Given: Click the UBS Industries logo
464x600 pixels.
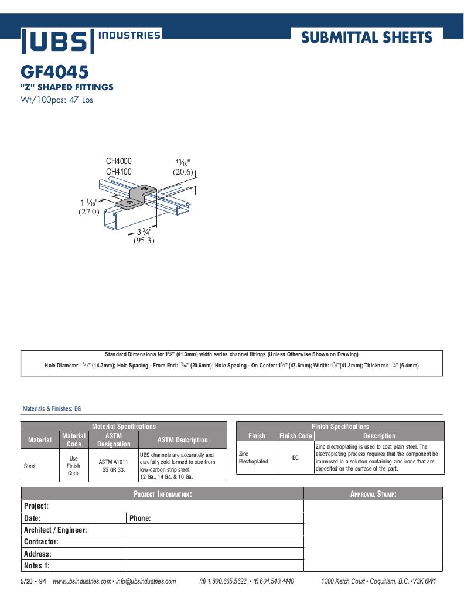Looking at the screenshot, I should (91, 40).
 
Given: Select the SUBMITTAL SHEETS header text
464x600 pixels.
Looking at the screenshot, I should (366, 38).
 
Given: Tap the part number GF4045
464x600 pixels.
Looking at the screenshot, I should (54, 72).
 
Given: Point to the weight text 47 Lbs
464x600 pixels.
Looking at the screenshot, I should (82, 100).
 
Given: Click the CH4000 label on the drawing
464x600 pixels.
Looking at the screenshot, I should (118, 161).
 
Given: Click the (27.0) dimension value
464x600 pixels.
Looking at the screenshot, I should (89, 212).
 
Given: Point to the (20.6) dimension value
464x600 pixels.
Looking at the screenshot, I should (183, 172).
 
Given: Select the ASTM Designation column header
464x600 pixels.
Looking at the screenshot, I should (114, 440).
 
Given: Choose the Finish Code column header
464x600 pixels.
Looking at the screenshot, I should (295, 436).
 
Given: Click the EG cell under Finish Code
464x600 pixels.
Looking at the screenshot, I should (295, 458).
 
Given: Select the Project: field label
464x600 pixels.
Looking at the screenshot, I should (36, 506).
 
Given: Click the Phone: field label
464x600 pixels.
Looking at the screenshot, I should (140, 518).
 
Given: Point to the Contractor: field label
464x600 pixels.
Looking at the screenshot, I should (41, 542).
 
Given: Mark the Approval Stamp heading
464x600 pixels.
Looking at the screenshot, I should (373, 494).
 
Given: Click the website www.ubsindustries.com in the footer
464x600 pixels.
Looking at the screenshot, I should (81, 581).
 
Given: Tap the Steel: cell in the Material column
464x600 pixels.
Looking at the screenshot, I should (30, 466).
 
